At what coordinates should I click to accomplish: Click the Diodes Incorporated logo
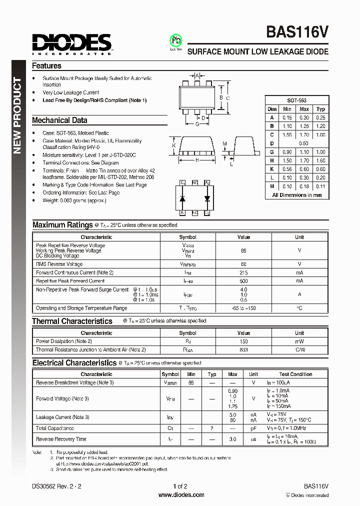[x=72, y=44]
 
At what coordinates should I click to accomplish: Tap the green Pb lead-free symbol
[x=175, y=41]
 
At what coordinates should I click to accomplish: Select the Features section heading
[x=46, y=66]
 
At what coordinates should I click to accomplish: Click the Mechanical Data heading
[x=59, y=120]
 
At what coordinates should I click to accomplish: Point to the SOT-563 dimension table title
[x=296, y=100]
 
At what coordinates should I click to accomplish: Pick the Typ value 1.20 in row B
[x=320, y=126]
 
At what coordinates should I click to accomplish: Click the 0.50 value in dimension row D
[x=303, y=143]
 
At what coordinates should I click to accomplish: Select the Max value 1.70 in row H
[x=304, y=160]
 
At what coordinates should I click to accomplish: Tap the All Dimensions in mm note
[x=296, y=195]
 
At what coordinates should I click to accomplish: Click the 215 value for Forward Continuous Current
[x=243, y=272]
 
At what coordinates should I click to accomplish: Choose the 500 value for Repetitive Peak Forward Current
[x=243, y=281]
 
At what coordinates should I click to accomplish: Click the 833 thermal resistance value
[x=243, y=350]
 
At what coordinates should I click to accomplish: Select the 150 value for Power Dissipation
[x=243, y=341]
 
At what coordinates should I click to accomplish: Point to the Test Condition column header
[x=295, y=374]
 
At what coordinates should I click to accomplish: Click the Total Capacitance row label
[x=55, y=428]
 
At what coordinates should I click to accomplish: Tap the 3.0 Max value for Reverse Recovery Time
[x=232, y=439]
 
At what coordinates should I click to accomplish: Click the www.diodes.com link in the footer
[x=181, y=495]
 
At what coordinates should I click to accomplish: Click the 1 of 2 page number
[x=180, y=486]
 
